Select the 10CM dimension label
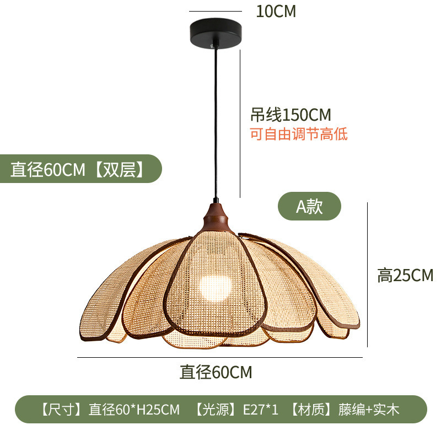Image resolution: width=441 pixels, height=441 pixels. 276,12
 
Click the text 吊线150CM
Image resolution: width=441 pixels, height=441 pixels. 291,115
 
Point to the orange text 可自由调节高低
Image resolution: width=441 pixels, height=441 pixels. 299,134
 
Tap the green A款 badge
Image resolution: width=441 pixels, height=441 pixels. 309,206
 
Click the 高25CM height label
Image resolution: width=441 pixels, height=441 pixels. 405,275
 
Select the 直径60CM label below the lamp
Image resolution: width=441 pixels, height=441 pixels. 216,373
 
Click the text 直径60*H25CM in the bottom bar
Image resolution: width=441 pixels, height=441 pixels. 135,410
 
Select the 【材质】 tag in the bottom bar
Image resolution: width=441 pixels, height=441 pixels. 312,410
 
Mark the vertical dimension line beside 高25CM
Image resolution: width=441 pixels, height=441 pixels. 367,275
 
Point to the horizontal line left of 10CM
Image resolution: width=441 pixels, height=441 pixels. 215,11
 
